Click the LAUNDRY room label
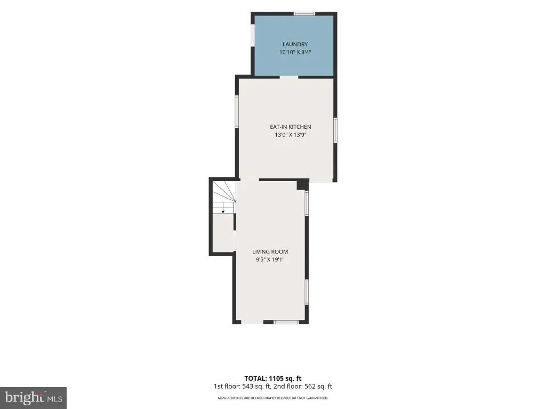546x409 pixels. tap(295, 44)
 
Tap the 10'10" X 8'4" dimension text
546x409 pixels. tap(295, 53)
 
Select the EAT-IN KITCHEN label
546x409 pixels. tap(291, 127)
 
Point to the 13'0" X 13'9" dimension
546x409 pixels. tap(291, 135)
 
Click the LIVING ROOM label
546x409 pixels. tap(270, 252)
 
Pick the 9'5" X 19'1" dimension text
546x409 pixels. tap(270, 259)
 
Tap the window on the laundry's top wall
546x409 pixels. tap(304, 14)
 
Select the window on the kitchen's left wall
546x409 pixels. tap(237, 112)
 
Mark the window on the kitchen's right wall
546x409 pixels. tap(335, 130)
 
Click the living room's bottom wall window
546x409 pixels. tap(286, 322)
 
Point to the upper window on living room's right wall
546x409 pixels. tap(307, 203)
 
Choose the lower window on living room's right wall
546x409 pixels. tap(307, 292)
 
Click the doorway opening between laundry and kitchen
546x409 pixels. tap(289, 77)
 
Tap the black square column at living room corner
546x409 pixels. tap(303, 184)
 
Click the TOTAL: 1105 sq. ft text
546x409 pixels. tap(272, 379)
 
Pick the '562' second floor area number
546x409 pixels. tap(310, 387)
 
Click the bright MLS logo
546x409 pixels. tap(34, 398)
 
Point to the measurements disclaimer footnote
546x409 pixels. tap(272, 398)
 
